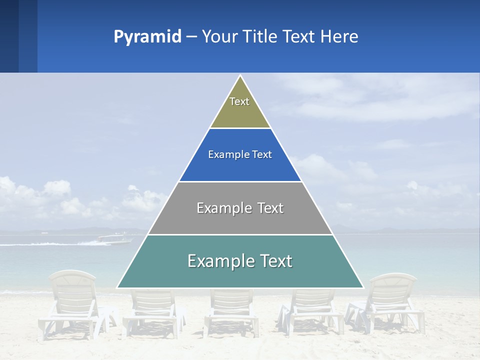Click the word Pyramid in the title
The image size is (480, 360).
click(147, 37)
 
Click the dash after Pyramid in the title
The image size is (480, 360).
click(191, 37)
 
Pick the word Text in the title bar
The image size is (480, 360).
click(299, 37)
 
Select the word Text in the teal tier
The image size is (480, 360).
click(274, 261)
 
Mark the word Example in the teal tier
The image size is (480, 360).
click(220, 261)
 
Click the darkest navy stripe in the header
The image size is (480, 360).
click(9, 36)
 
